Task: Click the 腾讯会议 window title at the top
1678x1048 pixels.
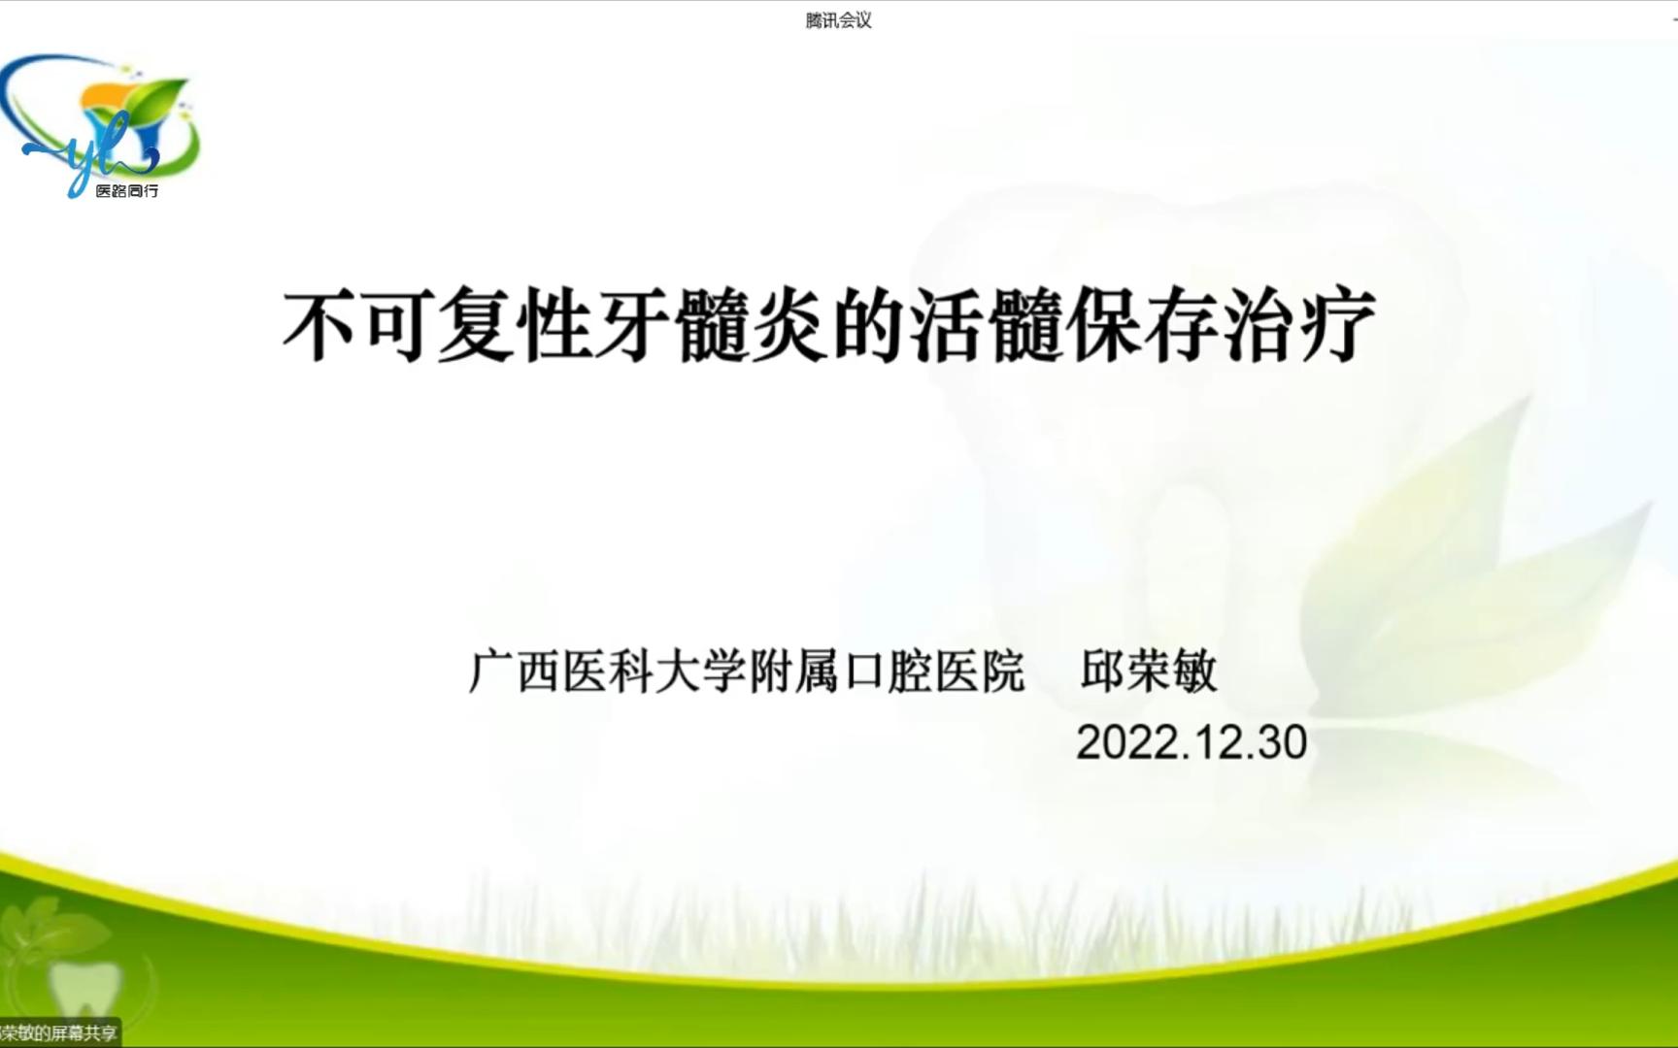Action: click(x=838, y=20)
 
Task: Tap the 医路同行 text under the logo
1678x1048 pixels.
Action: click(x=126, y=191)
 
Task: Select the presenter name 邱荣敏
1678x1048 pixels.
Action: click(x=1149, y=671)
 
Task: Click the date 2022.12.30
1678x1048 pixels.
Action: click(x=1191, y=742)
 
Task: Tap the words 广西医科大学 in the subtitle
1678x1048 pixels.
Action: click(x=608, y=671)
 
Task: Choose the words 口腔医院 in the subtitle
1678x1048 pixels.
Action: click(x=934, y=671)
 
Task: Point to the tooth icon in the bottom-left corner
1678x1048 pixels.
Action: click(x=85, y=988)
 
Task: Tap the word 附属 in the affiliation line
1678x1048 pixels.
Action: click(x=794, y=671)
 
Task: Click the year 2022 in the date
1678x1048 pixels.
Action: click(x=1121, y=742)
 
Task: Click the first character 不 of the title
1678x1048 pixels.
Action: click(x=320, y=325)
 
